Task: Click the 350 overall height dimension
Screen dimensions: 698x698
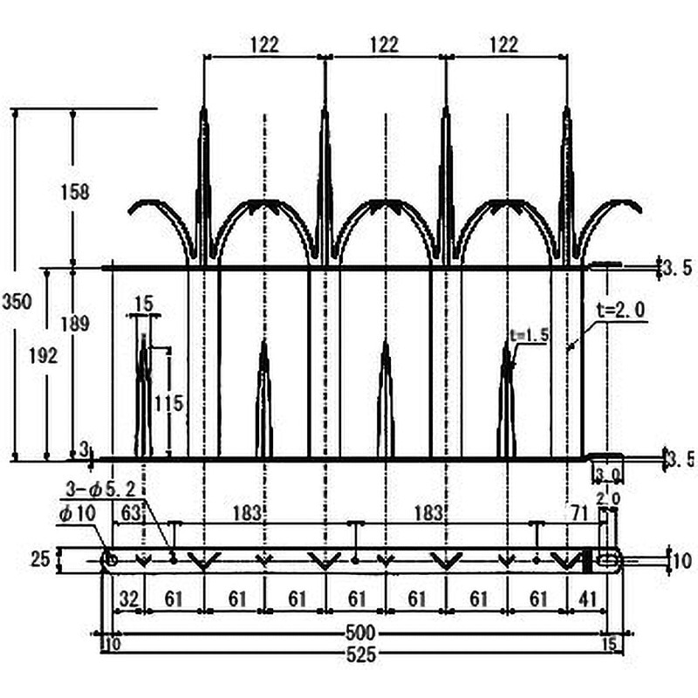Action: (x=17, y=302)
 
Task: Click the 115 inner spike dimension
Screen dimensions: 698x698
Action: (x=168, y=403)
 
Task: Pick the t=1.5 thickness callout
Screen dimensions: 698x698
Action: (x=530, y=333)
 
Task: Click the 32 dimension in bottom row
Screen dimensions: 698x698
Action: (x=127, y=599)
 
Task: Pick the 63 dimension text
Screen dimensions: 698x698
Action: (x=130, y=513)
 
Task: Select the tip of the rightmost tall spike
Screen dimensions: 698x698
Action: (x=567, y=109)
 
